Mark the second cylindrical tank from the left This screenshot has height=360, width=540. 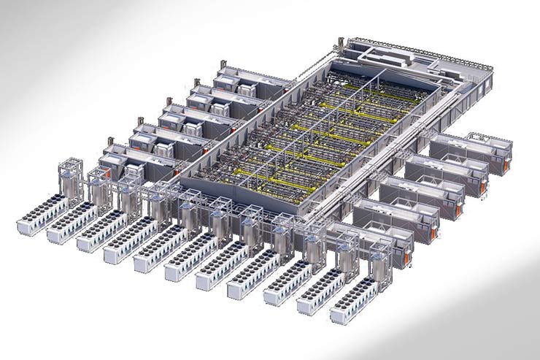point(99,192)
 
